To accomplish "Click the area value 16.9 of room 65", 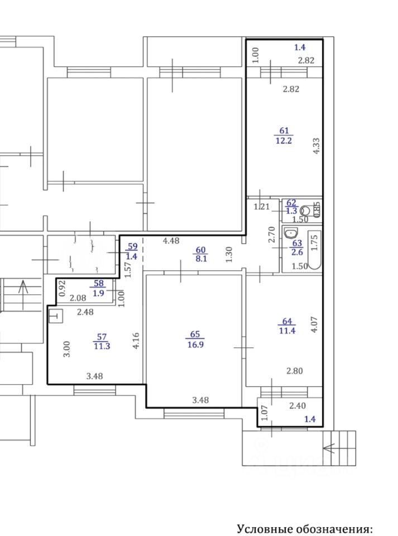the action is (195, 344).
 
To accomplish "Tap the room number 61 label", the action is (284, 131).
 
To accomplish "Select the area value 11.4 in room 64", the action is (287, 331).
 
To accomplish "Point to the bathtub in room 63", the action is (315, 250).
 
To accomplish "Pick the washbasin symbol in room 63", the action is (290, 234).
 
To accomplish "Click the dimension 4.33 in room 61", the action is (317, 146).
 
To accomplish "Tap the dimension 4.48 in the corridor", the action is (171, 241).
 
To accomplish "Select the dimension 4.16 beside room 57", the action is (136, 341).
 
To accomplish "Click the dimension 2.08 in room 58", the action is (78, 298).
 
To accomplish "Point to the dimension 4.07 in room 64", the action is (315, 324).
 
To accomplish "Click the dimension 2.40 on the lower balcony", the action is (297, 406).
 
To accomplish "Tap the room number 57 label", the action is (102, 337).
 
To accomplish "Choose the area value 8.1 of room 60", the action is (201, 259).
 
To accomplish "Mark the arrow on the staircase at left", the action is (23, 295).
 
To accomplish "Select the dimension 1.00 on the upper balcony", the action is (256, 55).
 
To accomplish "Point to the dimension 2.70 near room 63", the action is (272, 234).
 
